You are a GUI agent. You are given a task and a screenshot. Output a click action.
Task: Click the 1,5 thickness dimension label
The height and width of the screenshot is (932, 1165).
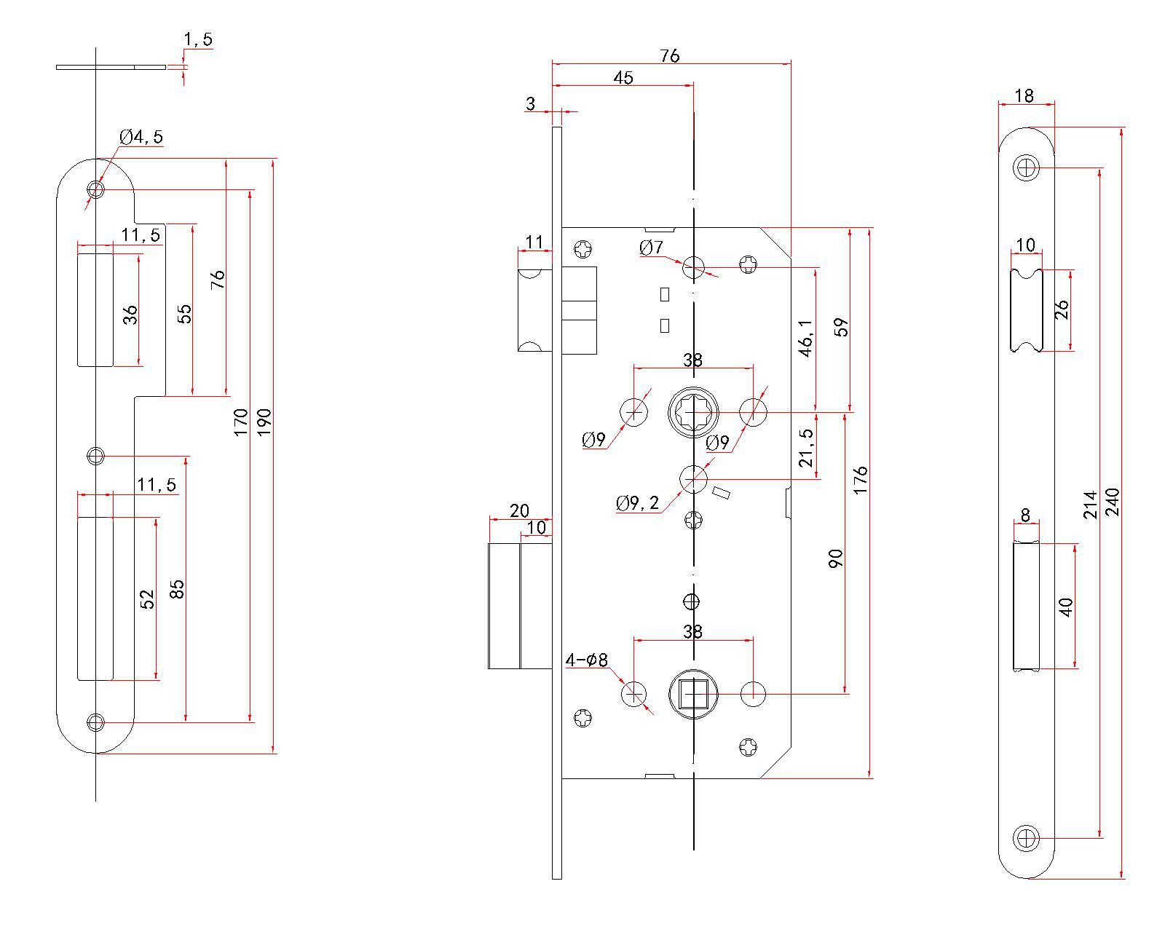click(x=197, y=40)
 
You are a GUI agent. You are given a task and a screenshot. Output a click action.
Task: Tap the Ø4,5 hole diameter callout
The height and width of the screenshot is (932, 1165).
click(x=141, y=137)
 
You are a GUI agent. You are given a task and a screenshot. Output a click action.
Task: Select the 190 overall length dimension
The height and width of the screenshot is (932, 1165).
click(x=264, y=422)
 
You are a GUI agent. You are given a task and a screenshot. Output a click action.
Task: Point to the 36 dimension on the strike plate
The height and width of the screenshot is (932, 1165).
click(x=130, y=315)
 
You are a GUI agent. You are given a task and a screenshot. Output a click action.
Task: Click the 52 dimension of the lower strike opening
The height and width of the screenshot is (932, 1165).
click(x=148, y=599)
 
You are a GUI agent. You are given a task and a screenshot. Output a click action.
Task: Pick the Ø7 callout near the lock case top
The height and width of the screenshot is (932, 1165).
click(x=652, y=248)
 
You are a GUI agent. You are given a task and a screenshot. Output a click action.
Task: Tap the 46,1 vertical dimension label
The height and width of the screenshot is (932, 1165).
click(x=805, y=338)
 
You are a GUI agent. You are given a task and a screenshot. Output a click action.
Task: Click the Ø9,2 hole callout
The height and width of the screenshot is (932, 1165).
click(x=637, y=502)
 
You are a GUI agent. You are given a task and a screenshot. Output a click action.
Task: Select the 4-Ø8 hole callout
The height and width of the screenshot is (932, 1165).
click(x=586, y=660)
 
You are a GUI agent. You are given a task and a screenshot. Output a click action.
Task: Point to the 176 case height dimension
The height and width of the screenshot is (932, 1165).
click(x=861, y=481)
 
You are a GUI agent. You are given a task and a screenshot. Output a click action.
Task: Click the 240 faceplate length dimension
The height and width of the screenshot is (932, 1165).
click(x=1112, y=502)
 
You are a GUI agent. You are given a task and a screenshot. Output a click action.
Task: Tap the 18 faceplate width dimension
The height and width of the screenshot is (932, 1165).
click(x=1024, y=95)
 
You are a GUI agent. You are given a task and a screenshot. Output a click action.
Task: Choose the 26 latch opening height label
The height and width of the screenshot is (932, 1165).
click(x=1062, y=309)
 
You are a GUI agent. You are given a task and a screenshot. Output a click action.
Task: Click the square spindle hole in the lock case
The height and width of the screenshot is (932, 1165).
click(x=693, y=694)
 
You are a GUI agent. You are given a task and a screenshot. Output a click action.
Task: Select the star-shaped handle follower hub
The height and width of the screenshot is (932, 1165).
click(x=693, y=413)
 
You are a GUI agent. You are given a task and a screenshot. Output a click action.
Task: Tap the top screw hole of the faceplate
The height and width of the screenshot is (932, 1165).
click(x=1027, y=169)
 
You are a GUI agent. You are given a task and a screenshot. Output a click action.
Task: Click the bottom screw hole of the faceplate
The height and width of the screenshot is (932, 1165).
click(x=1027, y=837)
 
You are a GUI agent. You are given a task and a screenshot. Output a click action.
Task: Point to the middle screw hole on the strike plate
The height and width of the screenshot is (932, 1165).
click(x=95, y=457)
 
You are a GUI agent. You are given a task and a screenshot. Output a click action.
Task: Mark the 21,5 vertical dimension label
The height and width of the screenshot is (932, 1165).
click(x=805, y=447)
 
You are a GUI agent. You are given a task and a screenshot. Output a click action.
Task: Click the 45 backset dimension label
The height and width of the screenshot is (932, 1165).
click(x=623, y=78)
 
